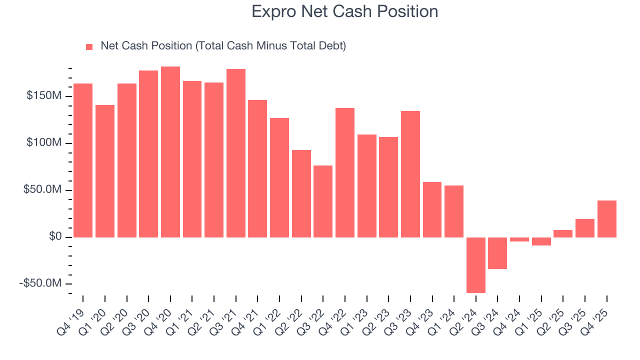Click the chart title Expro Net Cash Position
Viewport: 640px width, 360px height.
click(x=344, y=11)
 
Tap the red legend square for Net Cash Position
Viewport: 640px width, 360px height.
click(x=89, y=46)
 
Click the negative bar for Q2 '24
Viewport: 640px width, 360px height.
click(x=476, y=265)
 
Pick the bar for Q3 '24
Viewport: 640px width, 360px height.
click(x=497, y=253)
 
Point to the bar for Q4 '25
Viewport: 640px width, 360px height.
click(x=606, y=218)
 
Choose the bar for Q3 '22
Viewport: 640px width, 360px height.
click(x=323, y=201)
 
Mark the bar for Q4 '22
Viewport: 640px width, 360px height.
click(x=345, y=172)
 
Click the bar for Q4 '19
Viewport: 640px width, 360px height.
click(x=83, y=160)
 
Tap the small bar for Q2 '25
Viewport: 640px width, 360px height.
click(x=563, y=233)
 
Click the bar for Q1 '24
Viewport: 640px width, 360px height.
click(x=454, y=211)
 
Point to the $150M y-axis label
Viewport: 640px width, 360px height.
click(x=44, y=96)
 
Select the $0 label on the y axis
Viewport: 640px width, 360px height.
click(x=55, y=236)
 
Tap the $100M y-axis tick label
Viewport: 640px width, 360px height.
click(x=44, y=143)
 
